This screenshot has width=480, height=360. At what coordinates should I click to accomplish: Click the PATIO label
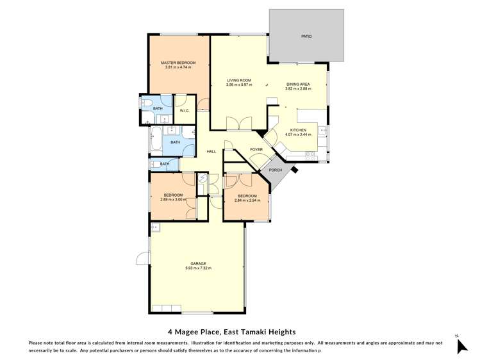point(306,37)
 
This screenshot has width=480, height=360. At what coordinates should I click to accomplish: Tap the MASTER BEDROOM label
point(178,63)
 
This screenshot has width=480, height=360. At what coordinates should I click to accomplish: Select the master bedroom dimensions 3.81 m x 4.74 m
point(178,68)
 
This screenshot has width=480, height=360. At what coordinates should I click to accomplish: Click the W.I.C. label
point(184,111)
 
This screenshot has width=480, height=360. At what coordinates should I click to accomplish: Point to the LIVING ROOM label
point(239,80)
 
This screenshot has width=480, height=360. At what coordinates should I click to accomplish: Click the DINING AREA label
point(298,84)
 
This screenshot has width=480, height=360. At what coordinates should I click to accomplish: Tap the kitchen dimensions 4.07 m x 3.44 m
point(298,135)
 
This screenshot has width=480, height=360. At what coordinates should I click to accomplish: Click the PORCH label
point(276,170)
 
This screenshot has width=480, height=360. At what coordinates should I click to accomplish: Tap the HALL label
point(211,152)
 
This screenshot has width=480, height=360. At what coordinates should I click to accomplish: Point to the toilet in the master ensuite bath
point(146,104)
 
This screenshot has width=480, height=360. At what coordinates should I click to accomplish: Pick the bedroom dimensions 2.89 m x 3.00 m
point(173,200)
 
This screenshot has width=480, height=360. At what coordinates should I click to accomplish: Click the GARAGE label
point(197,263)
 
